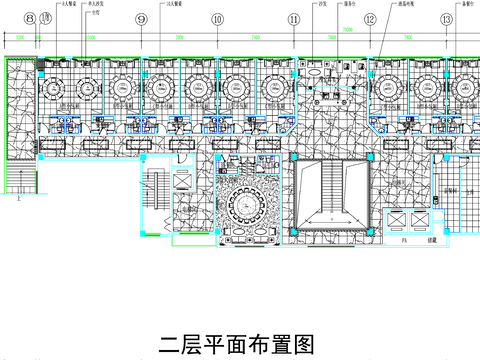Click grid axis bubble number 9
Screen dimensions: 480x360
[141, 19]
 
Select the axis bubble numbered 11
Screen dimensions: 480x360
[294, 19]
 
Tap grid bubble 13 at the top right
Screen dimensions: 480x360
[445, 19]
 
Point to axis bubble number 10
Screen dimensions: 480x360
[217, 19]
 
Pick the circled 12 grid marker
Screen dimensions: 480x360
[370, 19]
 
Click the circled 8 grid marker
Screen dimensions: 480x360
[31, 19]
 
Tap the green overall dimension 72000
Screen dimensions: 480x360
[348, 31]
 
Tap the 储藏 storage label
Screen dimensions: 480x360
[433, 240]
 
